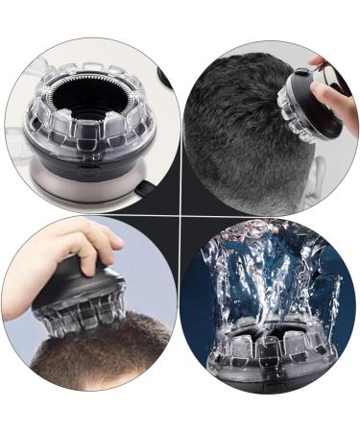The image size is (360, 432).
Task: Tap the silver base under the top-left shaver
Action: tap(91, 188)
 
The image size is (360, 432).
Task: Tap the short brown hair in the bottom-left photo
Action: tap(86, 370)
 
